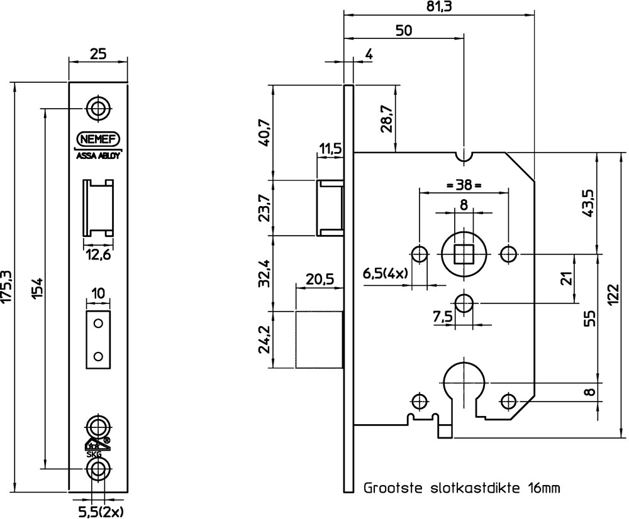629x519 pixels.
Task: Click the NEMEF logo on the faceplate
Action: (x=98, y=139)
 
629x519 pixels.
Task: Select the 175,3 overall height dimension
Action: (x=8, y=286)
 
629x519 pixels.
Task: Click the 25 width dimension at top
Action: (x=97, y=55)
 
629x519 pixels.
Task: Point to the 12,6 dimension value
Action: (x=97, y=254)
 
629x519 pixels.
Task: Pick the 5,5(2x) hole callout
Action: (x=100, y=510)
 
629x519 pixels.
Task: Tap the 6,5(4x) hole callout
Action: (x=386, y=273)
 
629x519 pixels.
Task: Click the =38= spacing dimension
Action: (x=463, y=185)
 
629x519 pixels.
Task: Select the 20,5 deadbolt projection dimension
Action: (x=320, y=278)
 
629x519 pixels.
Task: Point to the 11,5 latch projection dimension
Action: (x=330, y=150)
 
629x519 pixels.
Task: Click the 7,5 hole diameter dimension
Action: (x=443, y=318)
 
